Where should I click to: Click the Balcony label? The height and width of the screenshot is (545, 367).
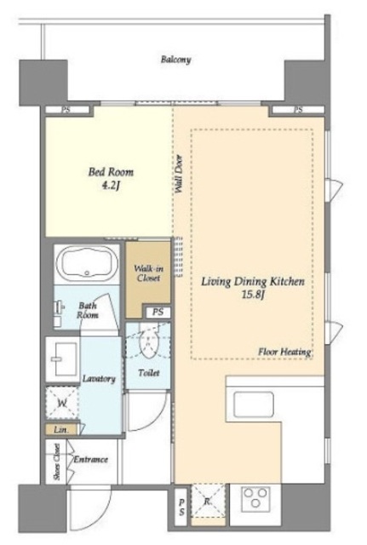pos(175,60)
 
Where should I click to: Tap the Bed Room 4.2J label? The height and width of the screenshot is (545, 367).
pos(111,179)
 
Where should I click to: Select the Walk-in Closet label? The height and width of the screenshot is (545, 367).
pos(148,273)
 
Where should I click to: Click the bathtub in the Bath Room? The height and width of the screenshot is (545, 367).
pos(87,263)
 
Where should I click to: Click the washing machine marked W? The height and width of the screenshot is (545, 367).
pos(62,403)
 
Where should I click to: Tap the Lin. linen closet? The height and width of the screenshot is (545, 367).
pos(61,429)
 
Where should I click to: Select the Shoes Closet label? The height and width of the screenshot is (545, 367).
pos(57,462)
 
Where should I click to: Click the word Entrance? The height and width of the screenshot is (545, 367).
pos(91,460)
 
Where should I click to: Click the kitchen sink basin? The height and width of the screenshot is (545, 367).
pos(254,404)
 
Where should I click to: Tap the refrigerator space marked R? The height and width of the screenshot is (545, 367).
pos(208,501)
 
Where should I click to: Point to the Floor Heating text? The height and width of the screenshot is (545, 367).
pos(284,352)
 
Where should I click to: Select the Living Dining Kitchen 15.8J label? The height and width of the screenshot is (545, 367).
pos(253,288)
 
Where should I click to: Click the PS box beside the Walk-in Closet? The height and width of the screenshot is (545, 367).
pos(158,313)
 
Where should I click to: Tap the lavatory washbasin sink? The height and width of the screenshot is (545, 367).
pos(63,359)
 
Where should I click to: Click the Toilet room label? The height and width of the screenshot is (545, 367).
pos(149,373)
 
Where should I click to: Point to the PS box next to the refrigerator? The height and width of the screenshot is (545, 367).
pos(181,508)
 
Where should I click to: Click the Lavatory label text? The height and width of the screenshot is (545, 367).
pos(99,378)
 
